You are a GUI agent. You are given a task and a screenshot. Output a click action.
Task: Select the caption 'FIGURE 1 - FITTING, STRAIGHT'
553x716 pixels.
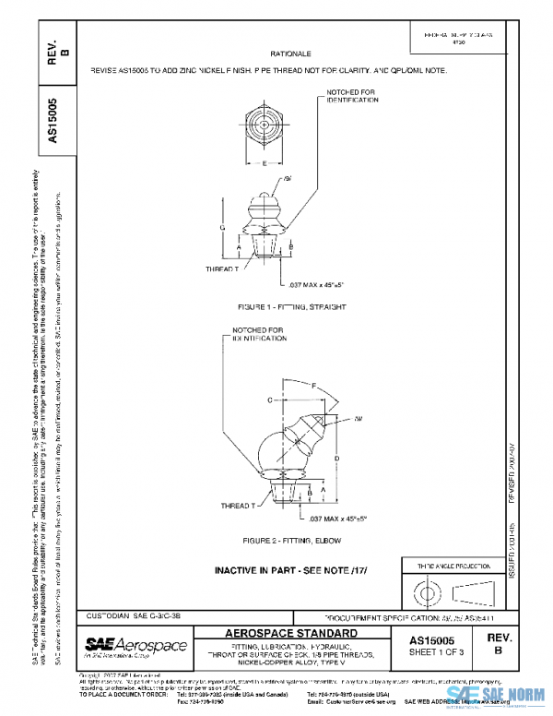[x=276, y=305]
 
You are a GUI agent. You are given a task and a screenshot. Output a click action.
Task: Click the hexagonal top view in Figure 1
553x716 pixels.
[x=265, y=124]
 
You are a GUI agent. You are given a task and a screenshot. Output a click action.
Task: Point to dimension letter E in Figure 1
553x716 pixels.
[x=265, y=163]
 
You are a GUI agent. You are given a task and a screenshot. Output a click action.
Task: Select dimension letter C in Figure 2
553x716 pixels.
[x=270, y=401]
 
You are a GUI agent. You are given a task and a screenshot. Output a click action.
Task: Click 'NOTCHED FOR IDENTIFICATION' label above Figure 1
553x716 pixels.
[x=352, y=96]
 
